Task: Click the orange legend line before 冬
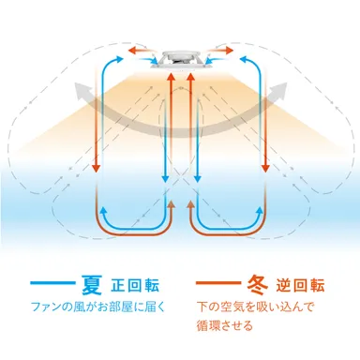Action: click(x=218, y=282)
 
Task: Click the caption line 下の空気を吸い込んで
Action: click(x=256, y=307)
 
